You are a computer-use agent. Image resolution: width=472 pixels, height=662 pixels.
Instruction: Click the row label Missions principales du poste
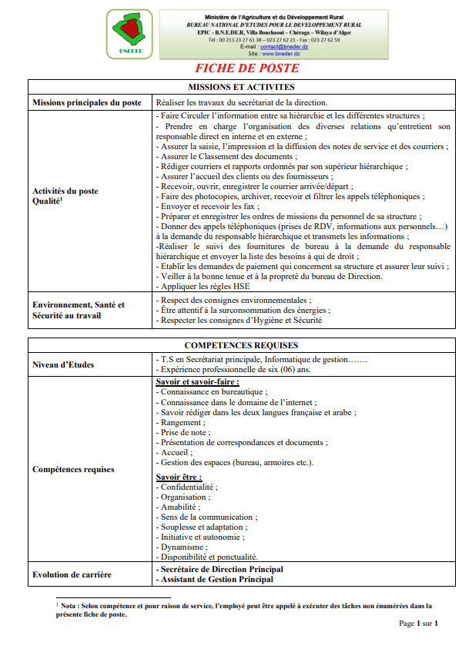87,102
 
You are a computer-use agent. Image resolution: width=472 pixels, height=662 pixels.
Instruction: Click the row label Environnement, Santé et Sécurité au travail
79,310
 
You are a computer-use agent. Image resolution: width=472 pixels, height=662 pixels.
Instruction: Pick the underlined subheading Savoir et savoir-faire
197,381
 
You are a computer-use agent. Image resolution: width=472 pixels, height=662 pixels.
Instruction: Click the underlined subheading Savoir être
179,477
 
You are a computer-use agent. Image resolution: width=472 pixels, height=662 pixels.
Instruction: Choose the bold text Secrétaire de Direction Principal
220,569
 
